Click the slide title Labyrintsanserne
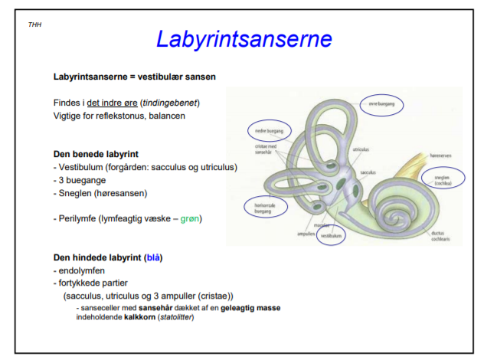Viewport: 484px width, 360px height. click(244, 38)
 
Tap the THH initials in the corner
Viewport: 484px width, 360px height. click(34, 25)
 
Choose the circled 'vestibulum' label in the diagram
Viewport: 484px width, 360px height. click(331, 236)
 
